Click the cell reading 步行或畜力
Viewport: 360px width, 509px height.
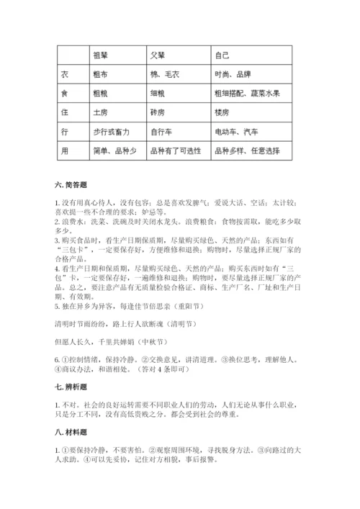[112, 132]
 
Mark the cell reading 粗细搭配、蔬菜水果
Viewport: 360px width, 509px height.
[248, 93]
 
